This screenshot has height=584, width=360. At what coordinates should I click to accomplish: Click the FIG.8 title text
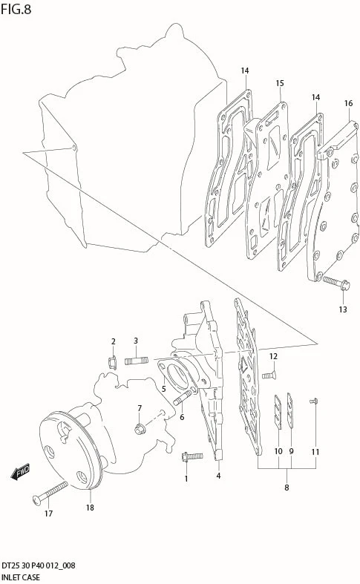(x=16, y=9)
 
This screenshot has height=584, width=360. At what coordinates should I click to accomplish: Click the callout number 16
(x=348, y=103)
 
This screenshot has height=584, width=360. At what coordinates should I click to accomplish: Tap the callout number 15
(x=280, y=83)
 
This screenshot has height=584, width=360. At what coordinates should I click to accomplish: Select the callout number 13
(x=342, y=309)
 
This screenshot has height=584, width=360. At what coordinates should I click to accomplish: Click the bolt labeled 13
(x=336, y=283)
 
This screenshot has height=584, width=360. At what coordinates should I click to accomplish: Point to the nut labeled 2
(x=113, y=362)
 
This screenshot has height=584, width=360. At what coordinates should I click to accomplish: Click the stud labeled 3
(x=137, y=361)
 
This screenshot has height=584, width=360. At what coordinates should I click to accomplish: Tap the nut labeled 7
(x=140, y=429)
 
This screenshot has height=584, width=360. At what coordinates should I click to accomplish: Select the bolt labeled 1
(x=192, y=456)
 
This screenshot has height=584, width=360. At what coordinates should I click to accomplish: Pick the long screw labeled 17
(x=50, y=493)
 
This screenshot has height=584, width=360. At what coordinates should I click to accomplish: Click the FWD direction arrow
(x=20, y=472)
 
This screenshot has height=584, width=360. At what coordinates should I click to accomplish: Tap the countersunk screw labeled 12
(x=269, y=375)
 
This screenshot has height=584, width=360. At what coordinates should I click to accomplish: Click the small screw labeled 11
(x=313, y=401)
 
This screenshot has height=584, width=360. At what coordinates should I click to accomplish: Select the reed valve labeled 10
(x=278, y=411)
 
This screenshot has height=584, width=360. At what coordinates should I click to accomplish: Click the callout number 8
(x=287, y=488)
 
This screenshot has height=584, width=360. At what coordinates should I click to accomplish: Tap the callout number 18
(x=90, y=508)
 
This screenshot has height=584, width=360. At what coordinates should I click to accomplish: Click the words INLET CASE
(x=21, y=577)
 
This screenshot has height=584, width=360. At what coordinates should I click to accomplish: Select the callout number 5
(x=163, y=389)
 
